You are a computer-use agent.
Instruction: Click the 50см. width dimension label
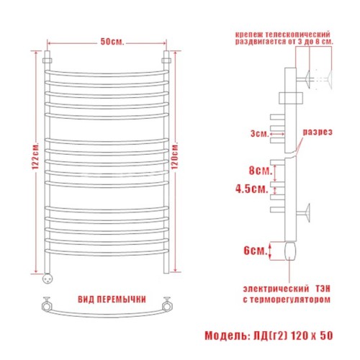112,42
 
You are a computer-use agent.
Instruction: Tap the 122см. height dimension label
36,157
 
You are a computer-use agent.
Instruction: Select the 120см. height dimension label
175,157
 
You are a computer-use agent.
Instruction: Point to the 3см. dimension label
259,133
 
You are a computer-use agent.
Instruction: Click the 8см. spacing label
261,171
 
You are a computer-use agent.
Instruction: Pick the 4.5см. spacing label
251,189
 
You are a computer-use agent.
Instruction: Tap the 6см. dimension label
256,251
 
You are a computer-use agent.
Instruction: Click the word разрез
318,132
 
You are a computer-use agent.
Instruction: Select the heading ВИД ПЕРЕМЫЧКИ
112,300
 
